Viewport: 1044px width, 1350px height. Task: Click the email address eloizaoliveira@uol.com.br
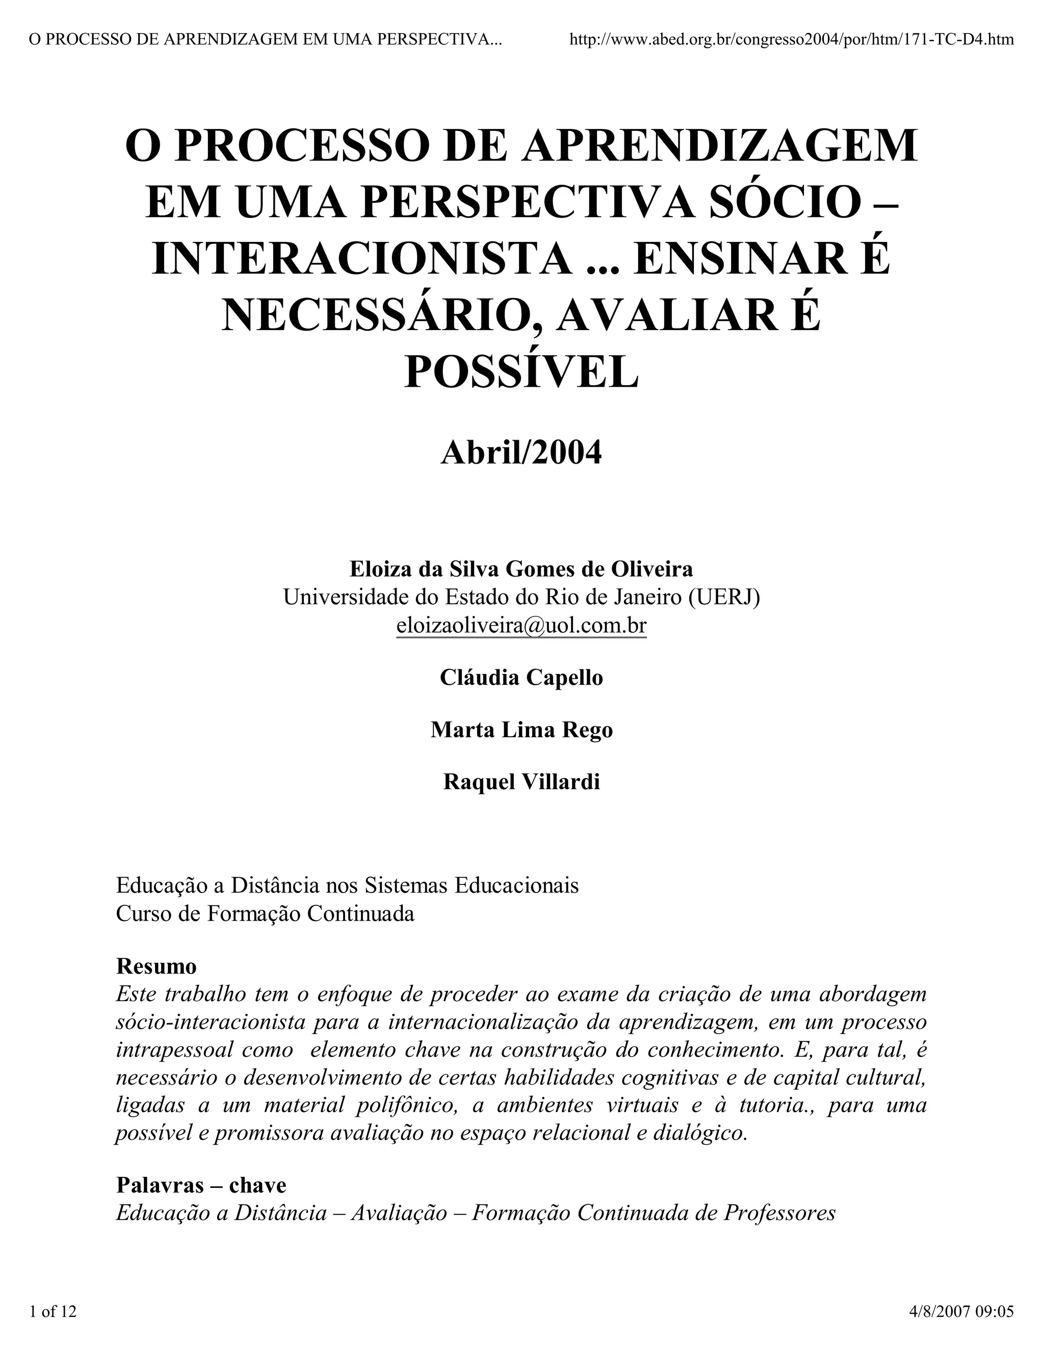pos(521,626)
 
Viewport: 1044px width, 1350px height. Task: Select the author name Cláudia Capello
pos(521,678)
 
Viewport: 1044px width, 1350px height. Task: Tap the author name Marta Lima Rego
pos(521,730)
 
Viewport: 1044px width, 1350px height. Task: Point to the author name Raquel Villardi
pos(521,782)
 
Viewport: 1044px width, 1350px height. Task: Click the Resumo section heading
pos(156,966)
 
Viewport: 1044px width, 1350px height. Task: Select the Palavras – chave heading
pos(201,1185)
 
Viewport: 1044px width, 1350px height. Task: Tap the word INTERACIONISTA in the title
pos(362,258)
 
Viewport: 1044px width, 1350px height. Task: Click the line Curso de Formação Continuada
pos(265,913)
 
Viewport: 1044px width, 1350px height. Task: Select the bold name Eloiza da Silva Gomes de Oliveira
pos(521,568)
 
